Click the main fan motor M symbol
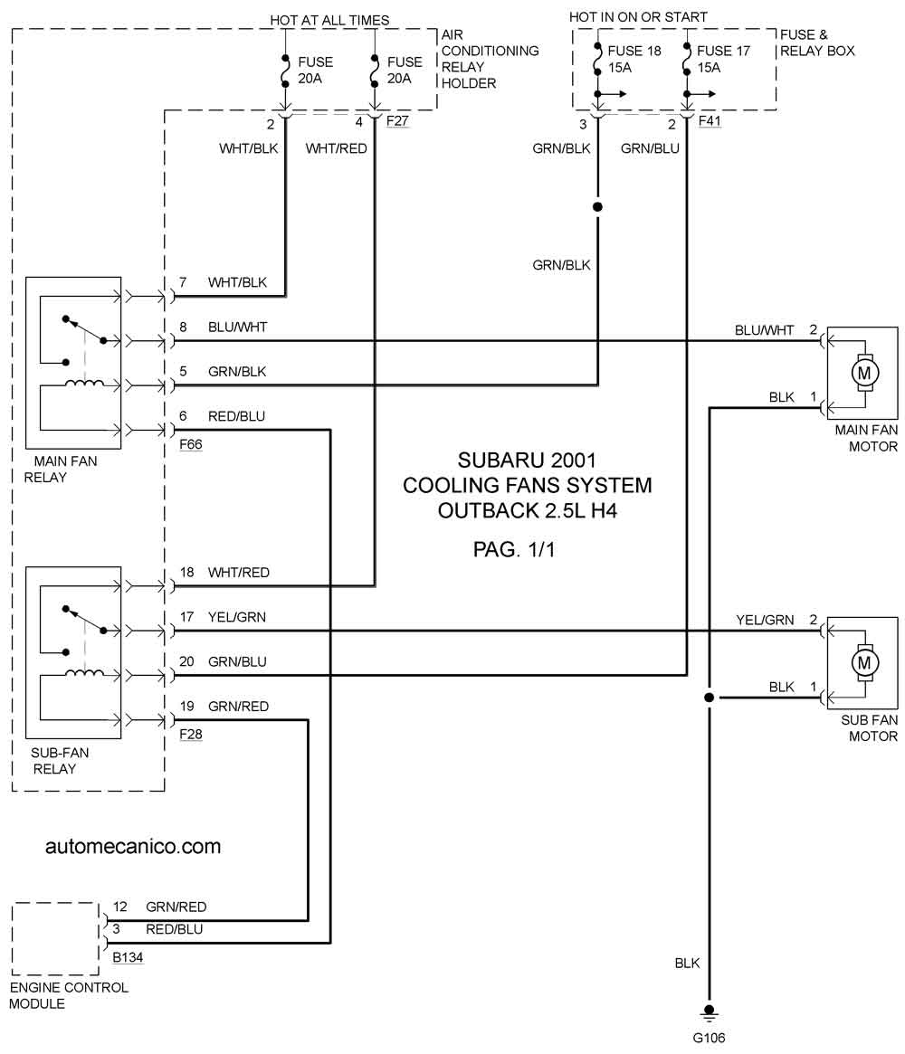coord(864,373)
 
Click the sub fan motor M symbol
coord(864,663)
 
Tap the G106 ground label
coord(709,1038)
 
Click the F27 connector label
coord(397,121)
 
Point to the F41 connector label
coord(710,121)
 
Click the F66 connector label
coord(190,444)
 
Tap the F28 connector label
coord(190,734)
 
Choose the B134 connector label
coord(128,957)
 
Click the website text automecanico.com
coord(133,846)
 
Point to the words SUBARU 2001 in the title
coord(527,461)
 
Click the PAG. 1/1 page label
coord(514,550)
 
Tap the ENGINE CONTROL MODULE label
coord(68,995)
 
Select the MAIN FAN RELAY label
coord(61,470)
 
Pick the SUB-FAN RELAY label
coord(59,761)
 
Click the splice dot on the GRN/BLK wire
coord(597,207)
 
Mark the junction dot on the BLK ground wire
coord(709,698)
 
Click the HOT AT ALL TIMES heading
coord(329,20)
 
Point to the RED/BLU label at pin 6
coord(237,417)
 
